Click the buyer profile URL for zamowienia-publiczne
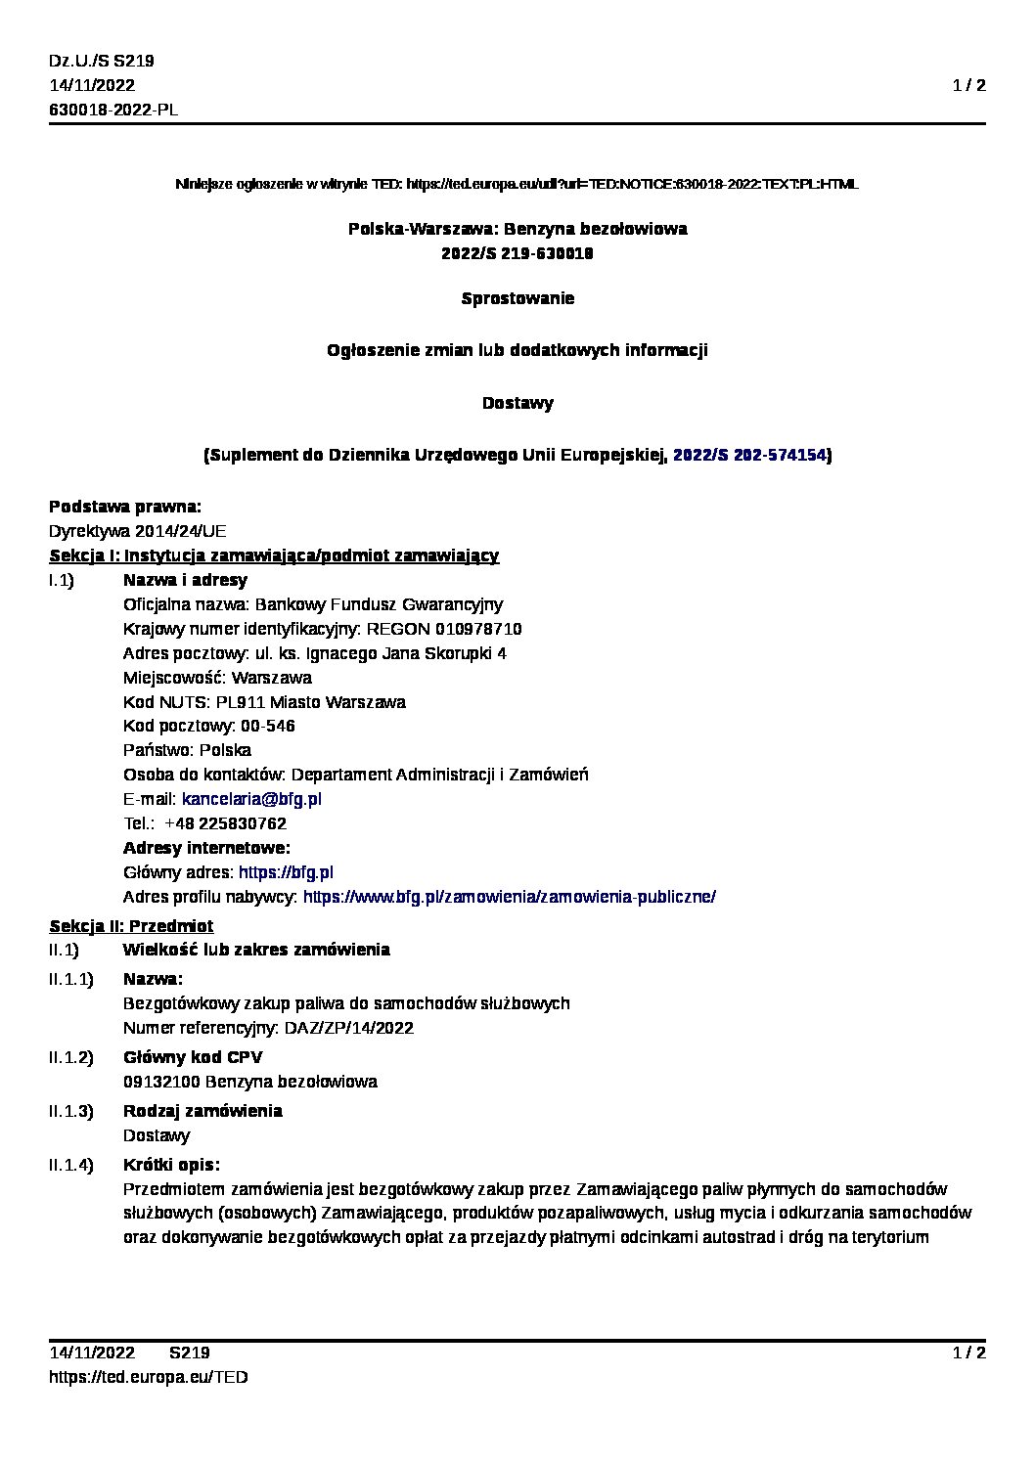point(509,897)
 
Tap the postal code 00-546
point(267,726)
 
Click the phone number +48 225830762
point(225,823)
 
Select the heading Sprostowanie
point(517,299)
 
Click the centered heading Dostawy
point(517,403)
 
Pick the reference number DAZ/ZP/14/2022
point(349,1028)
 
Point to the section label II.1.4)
point(71,1165)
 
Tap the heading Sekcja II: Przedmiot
point(131,926)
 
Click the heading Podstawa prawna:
point(125,507)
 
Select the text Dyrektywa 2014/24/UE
point(137,531)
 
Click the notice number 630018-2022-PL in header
point(113,110)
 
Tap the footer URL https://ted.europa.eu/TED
point(149,1377)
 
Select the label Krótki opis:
point(171,1165)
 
